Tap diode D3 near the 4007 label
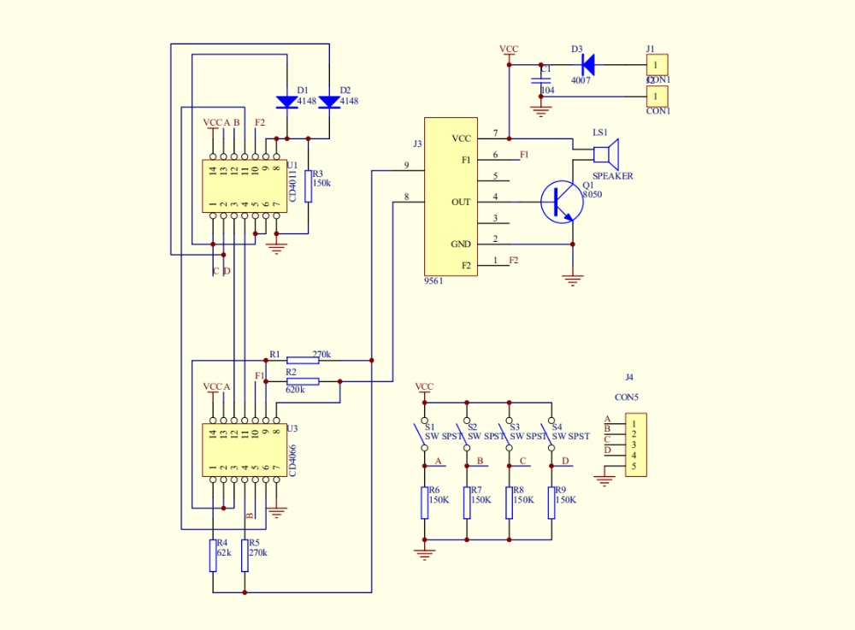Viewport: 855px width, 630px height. [587, 64]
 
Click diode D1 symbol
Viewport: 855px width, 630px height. [286, 102]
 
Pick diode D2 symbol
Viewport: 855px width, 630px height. [329, 102]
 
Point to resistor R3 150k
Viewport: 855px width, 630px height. [308, 185]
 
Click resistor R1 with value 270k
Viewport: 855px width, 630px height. [303, 360]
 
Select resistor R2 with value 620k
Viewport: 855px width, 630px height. [303, 381]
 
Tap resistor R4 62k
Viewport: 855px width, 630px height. [212, 555]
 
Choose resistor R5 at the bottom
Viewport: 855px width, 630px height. [245, 555]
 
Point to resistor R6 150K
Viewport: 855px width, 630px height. [424, 503]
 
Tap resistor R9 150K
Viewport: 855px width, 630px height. [551, 503]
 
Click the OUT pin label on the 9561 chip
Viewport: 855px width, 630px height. [461, 203]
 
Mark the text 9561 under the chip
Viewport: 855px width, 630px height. [433, 280]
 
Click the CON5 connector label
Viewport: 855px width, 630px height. [627, 397]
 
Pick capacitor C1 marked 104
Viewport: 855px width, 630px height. [540, 79]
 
